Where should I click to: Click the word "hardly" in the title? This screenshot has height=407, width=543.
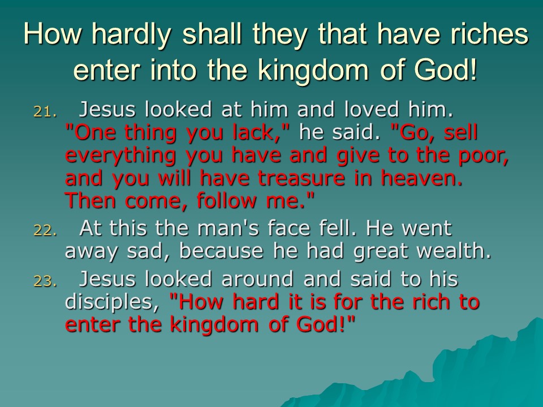[132, 35]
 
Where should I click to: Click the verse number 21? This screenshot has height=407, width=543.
[45, 111]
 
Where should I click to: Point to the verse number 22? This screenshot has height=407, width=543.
[45, 230]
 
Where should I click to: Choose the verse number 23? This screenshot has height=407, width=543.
[45, 281]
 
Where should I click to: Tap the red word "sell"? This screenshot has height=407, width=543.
[460, 132]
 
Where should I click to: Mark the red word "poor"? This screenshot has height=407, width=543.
[481, 157]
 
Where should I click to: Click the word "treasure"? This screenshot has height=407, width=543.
[301, 178]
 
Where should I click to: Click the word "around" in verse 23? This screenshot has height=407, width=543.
[257, 279]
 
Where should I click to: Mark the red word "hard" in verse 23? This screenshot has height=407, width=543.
[256, 301]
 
